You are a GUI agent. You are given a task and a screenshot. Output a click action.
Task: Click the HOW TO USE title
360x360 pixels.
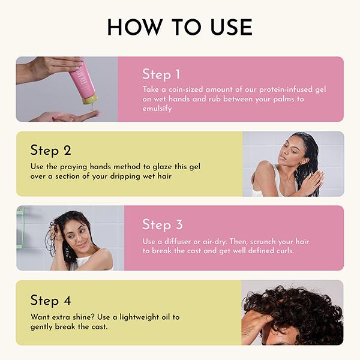(179, 28)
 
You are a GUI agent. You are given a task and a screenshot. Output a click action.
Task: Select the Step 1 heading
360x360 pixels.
(161, 74)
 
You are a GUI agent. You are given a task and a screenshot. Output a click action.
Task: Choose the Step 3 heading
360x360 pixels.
(162, 224)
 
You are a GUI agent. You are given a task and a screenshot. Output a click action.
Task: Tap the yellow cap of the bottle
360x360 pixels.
(89, 100)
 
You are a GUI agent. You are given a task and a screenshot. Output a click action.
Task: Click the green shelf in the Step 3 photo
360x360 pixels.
(20, 227)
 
